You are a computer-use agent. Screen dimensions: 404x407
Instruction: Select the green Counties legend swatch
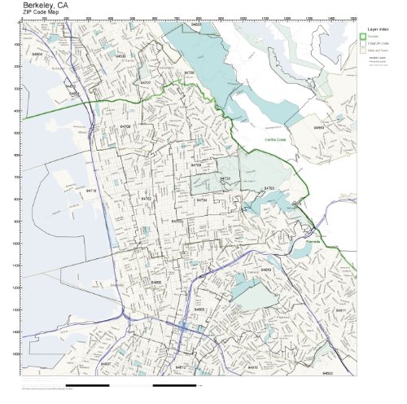(363, 37)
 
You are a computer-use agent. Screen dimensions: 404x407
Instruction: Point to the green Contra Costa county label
(275, 139)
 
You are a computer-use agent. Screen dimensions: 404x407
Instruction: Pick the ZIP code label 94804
(37, 55)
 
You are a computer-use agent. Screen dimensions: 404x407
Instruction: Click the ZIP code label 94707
(145, 83)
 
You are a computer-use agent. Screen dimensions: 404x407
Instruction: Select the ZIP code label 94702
(146, 198)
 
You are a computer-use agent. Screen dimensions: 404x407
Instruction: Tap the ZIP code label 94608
(155, 282)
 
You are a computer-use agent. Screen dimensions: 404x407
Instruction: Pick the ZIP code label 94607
(105, 363)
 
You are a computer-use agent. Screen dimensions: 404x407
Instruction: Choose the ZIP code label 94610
(252, 367)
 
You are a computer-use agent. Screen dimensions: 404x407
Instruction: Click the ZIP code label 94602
(327, 372)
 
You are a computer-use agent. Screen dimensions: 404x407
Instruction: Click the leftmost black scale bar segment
(87, 384)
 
